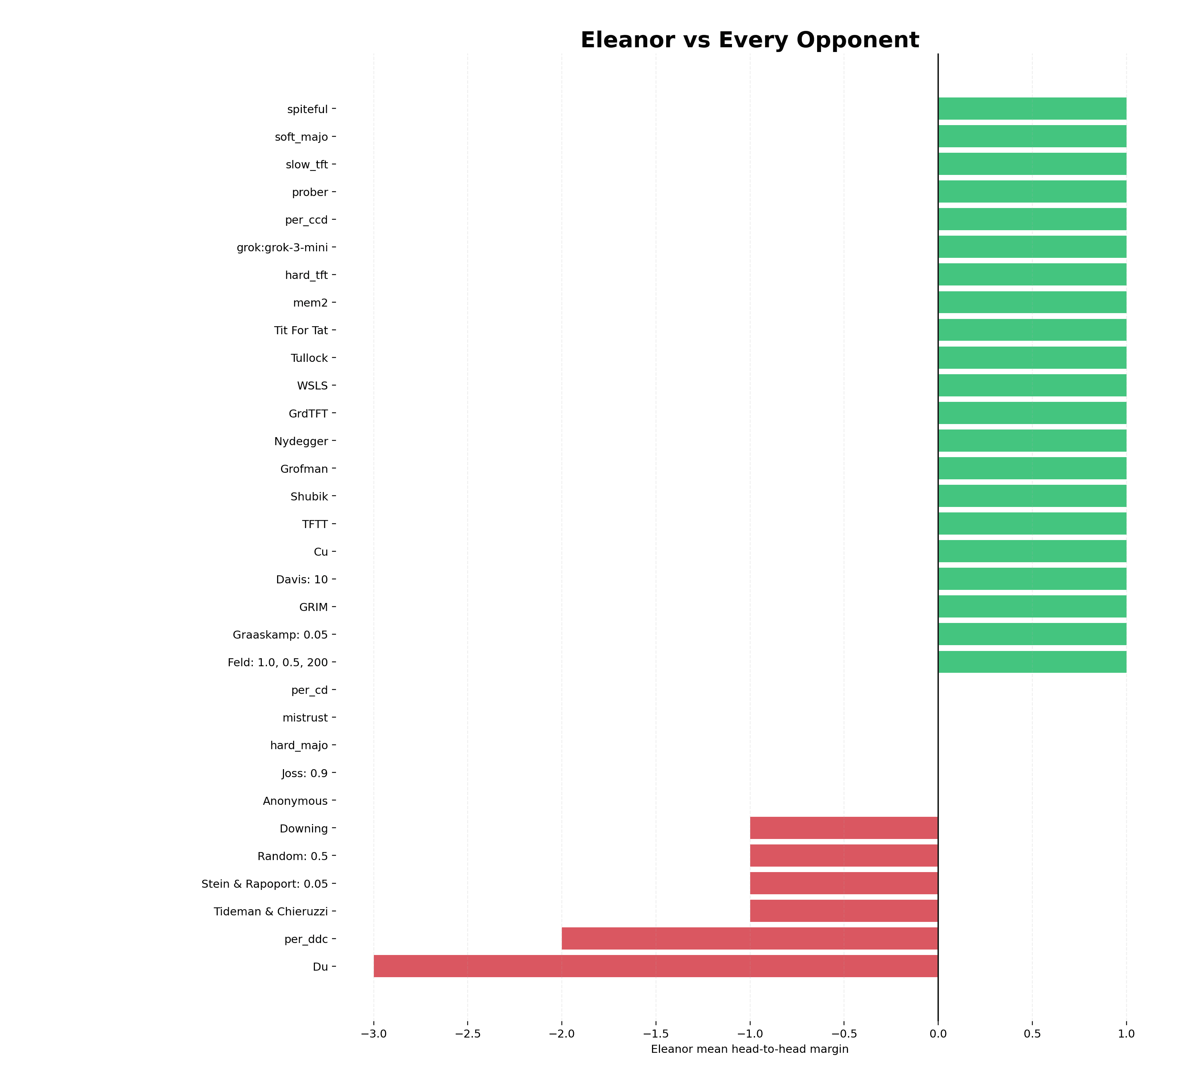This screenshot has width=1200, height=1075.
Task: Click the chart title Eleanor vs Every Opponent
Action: pos(749,40)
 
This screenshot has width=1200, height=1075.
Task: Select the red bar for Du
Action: pos(656,966)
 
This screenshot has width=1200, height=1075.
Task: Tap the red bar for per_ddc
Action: pos(749,939)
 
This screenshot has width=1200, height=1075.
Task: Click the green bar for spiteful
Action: pos(1032,109)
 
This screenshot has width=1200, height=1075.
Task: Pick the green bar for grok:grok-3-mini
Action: pos(1032,247)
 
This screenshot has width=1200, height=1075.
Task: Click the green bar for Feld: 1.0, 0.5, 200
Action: pos(1032,662)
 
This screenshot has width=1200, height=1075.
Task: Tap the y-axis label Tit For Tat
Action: pos(301,330)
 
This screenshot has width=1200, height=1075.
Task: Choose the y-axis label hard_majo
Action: pos(299,746)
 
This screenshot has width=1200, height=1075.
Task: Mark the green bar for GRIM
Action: pos(1032,607)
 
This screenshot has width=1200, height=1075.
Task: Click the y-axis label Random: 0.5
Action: pos(292,856)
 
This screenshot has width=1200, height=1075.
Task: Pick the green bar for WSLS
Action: pos(1032,385)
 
